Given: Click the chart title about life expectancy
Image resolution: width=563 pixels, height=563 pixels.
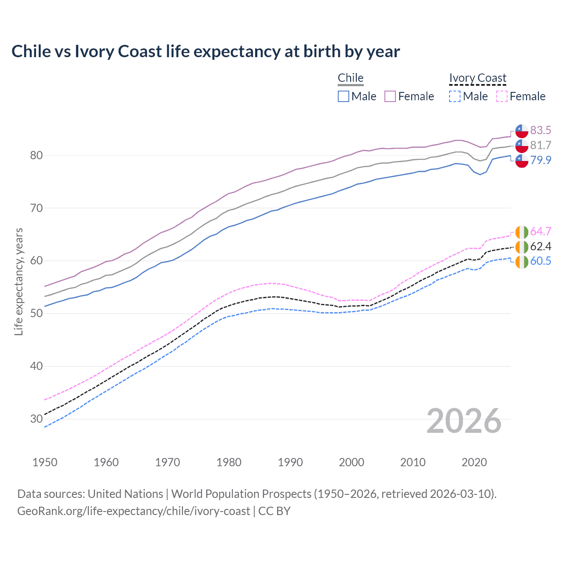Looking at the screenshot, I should click(205, 51).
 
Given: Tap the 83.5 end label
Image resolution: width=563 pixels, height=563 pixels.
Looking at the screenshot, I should click(541, 130).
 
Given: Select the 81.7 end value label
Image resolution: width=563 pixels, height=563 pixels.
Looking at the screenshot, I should click(541, 145).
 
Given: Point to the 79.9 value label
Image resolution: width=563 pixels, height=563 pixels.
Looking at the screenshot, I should click(541, 160).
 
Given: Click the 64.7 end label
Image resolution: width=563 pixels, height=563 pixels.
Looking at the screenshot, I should click(541, 231).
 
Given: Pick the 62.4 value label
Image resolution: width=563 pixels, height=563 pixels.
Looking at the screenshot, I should click(541, 246).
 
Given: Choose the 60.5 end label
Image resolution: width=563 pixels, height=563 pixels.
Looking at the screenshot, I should click(541, 261).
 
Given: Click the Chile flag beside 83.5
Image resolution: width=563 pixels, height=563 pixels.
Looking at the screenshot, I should click(522, 131).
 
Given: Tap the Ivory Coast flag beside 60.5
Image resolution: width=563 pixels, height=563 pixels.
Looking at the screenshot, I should click(522, 262).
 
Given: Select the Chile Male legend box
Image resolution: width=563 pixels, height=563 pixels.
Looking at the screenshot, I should click(344, 96).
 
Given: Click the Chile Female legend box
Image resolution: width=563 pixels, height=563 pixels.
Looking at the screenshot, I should click(390, 96).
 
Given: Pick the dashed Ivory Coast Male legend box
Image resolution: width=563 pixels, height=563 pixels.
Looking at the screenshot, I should click(455, 96).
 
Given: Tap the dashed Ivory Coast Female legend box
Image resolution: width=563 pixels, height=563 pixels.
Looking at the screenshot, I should click(502, 96).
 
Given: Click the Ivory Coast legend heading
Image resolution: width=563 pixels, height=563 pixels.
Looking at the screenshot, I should click(478, 78).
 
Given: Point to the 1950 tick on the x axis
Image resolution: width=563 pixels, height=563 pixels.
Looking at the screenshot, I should click(45, 462).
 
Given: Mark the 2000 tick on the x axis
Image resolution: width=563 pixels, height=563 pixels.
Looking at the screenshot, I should click(351, 462).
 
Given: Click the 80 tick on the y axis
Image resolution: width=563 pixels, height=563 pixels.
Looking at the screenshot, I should click(37, 155).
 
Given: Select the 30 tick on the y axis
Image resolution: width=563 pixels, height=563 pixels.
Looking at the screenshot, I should click(37, 419).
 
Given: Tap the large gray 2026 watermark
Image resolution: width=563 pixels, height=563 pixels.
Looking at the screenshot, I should click(464, 421).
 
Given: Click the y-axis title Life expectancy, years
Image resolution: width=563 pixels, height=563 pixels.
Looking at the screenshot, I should click(18, 281).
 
